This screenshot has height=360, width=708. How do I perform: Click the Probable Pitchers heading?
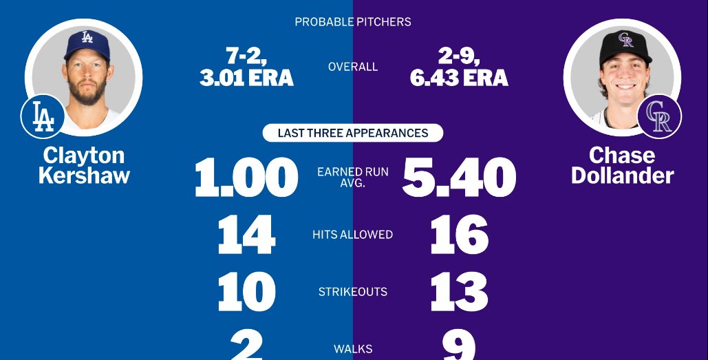pos(353,22)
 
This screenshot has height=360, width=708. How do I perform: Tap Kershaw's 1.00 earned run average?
pos(246,178)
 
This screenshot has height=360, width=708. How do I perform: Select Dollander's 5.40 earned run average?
pos(459,178)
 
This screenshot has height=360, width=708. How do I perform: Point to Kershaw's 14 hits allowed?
pos(246,235)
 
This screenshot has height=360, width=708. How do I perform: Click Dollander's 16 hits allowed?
pos(459,235)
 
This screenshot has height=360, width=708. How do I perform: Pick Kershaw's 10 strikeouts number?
pos(246,292)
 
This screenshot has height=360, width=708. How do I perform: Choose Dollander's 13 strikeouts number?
pos(459,292)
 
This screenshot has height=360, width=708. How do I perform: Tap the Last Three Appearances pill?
pos(353,133)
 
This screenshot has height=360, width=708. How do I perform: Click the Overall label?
pos(353,67)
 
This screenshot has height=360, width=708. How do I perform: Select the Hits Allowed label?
pos(353,235)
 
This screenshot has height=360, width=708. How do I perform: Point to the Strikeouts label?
pos(353,292)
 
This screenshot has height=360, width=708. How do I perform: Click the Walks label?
pos(353,349)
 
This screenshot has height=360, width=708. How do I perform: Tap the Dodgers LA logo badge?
pos(43,116)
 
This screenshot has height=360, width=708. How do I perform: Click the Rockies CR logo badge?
pos(659,116)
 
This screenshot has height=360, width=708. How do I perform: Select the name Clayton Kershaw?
pos(84,165)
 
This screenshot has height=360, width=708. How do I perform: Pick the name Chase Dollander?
pos(622,165)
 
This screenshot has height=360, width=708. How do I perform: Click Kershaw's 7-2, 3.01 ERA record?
pos(246,67)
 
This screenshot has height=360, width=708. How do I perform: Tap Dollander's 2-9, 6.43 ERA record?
pos(459,67)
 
